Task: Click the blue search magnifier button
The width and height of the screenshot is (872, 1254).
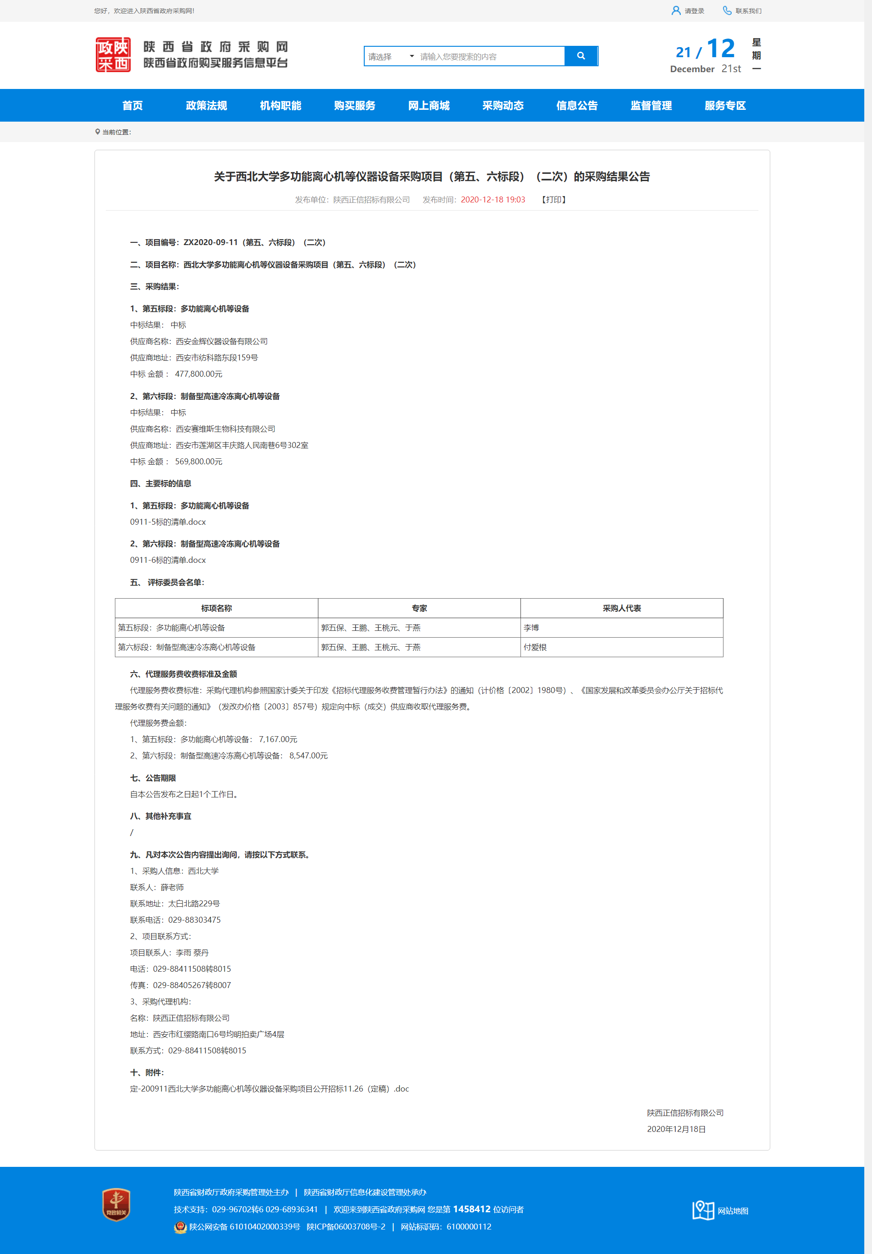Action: [581, 56]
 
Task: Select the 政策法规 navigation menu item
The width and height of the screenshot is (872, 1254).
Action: [206, 105]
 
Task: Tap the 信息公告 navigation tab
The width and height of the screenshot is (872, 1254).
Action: [576, 105]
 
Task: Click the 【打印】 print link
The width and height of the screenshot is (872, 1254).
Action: [554, 200]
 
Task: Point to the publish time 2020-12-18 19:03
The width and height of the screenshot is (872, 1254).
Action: [492, 200]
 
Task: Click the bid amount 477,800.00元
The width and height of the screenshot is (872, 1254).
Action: [198, 374]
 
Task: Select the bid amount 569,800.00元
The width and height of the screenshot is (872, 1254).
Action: [198, 461]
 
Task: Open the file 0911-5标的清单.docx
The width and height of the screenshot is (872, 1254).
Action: [168, 522]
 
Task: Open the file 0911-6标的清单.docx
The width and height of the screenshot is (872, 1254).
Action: [168, 560]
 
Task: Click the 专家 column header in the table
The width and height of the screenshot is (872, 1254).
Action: [419, 608]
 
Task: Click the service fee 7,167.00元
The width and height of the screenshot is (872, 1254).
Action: [277, 739]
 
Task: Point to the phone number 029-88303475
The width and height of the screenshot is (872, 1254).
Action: [194, 920]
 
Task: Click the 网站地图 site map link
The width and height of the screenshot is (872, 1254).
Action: [732, 1210]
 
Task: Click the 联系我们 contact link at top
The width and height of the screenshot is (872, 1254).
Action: [748, 11]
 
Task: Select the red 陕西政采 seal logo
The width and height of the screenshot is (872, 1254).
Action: [113, 54]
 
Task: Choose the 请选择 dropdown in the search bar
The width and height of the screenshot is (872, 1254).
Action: [390, 56]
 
